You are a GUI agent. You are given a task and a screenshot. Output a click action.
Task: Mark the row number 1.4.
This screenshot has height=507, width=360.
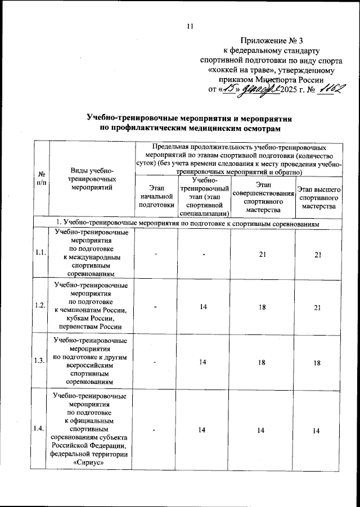tap(40, 429)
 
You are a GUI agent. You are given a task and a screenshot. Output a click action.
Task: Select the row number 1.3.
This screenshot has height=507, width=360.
tap(40, 361)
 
